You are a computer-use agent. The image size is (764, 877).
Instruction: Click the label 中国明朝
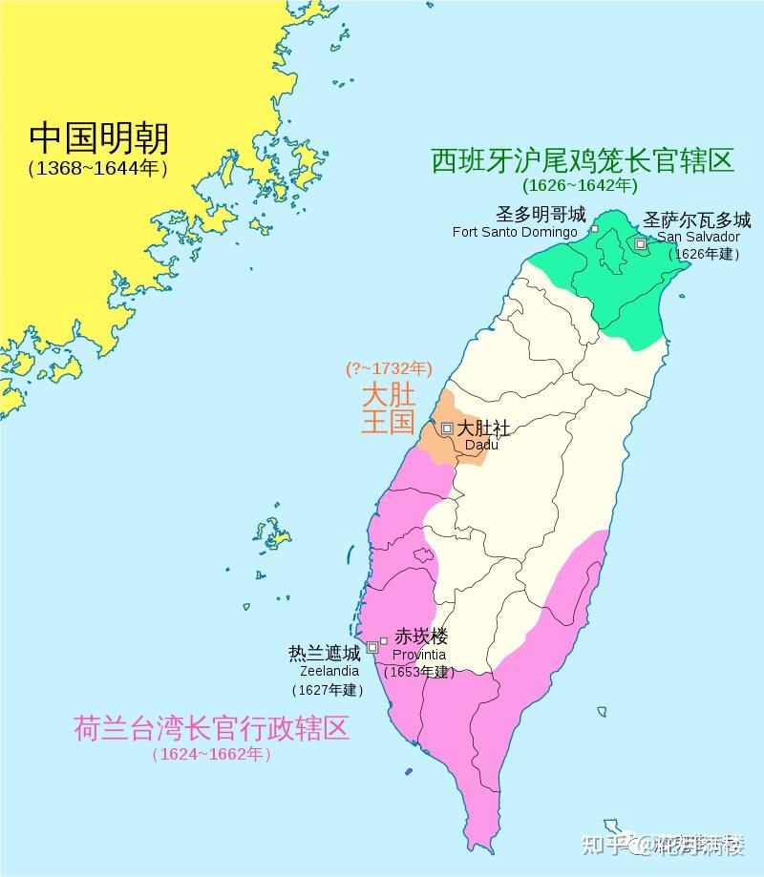pos(98,138)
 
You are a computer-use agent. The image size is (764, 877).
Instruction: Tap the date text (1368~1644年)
pos(98,169)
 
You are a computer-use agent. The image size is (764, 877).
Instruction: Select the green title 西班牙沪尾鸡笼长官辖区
pos(583,159)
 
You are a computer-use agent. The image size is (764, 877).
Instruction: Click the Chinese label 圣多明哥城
pos(541,214)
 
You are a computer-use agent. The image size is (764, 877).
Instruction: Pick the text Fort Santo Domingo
pos(515,232)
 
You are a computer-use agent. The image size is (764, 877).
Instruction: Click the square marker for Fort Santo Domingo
pos(594,229)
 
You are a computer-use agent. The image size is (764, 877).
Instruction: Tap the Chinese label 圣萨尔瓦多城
pos(697,219)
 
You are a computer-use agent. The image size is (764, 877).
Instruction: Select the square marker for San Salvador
pos(640,244)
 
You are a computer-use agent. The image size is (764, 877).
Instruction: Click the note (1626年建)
pos(705,254)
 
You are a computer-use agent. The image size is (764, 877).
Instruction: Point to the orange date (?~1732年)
pos(389,367)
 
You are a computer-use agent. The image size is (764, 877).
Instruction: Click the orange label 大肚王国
pos(389,407)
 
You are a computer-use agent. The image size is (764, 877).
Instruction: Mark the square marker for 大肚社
pos(447,428)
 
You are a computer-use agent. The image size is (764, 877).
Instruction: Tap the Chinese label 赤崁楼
pos(421,637)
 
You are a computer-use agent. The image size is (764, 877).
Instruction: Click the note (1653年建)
pos(418,672)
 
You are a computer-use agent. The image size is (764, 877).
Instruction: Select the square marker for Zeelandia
pos(372,647)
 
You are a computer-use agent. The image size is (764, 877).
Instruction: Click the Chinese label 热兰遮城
pos(325,654)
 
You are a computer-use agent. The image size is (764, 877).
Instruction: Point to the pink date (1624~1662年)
pos(211,755)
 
